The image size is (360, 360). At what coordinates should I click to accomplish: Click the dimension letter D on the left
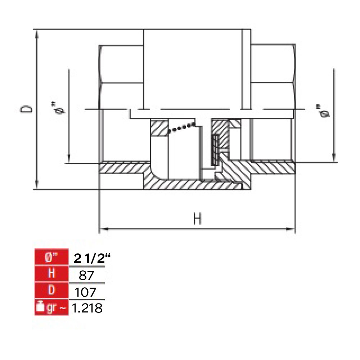point(26,109)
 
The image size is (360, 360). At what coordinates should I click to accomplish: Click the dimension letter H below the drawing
point(197,219)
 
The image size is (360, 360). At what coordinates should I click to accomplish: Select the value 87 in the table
point(86,275)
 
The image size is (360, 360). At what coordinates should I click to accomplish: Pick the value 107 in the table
point(85,292)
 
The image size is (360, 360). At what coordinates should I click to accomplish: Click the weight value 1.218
point(87,308)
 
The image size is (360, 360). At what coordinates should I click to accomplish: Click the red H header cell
point(51,274)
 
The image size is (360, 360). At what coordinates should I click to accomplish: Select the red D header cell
point(51,291)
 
